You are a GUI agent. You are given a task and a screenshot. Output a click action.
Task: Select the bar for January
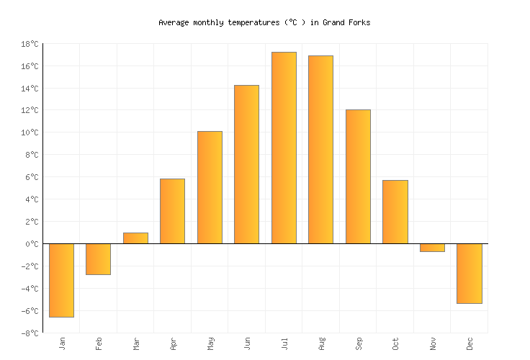tap(61, 280)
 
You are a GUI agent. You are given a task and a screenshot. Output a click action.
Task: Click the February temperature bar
tap(98, 259)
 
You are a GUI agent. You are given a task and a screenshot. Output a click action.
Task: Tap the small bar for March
tap(135, 238)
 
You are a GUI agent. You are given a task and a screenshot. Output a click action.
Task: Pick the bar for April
tap(172, 211)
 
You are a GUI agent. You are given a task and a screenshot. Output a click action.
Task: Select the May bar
tap(210, 187)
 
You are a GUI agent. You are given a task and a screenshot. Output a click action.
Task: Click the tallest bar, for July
tap(284, 148)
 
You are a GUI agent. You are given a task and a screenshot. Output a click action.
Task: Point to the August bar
tap(320, 150)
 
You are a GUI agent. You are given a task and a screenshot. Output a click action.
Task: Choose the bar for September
tap(358, 176)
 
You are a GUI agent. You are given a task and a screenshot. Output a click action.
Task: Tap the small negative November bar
tap(432, 248)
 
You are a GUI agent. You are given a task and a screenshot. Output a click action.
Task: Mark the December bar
tap(469, 274)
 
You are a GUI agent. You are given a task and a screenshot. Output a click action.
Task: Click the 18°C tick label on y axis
tap(30, 44)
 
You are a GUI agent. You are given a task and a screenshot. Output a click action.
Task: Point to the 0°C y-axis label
tap(32, 244)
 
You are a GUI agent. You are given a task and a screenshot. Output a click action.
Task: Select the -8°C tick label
tap(30, 333)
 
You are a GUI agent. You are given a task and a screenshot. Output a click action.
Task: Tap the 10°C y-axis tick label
tap(30, 132)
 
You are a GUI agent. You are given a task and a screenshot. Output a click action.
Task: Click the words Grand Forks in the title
tap(346, 22)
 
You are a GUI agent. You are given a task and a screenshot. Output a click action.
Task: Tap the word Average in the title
tap(174, 22)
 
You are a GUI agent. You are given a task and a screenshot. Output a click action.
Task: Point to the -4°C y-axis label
tap(30, 289)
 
